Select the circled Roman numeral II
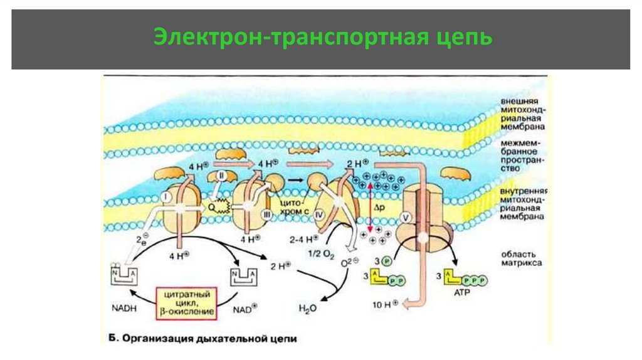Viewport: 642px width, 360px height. (220, 177)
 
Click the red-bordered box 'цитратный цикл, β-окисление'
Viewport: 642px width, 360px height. (186, 302)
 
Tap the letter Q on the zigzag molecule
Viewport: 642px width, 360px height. (211, 203)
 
